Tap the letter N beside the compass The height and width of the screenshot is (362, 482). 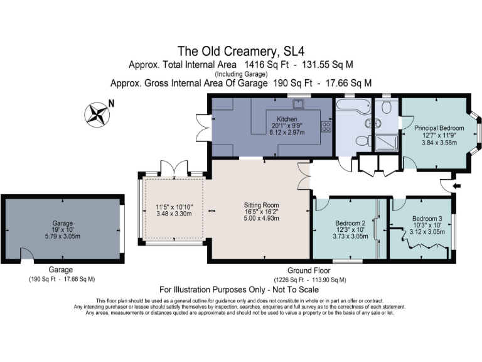click(111, 104)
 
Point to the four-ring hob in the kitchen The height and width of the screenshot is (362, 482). click(326, 126)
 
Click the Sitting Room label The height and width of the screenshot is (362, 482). click(260, 205)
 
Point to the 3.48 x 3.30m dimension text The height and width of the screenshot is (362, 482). click(173, 214)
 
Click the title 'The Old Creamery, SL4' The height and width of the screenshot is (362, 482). click(241, 51)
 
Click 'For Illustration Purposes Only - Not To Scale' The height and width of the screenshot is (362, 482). click(239, 290)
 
